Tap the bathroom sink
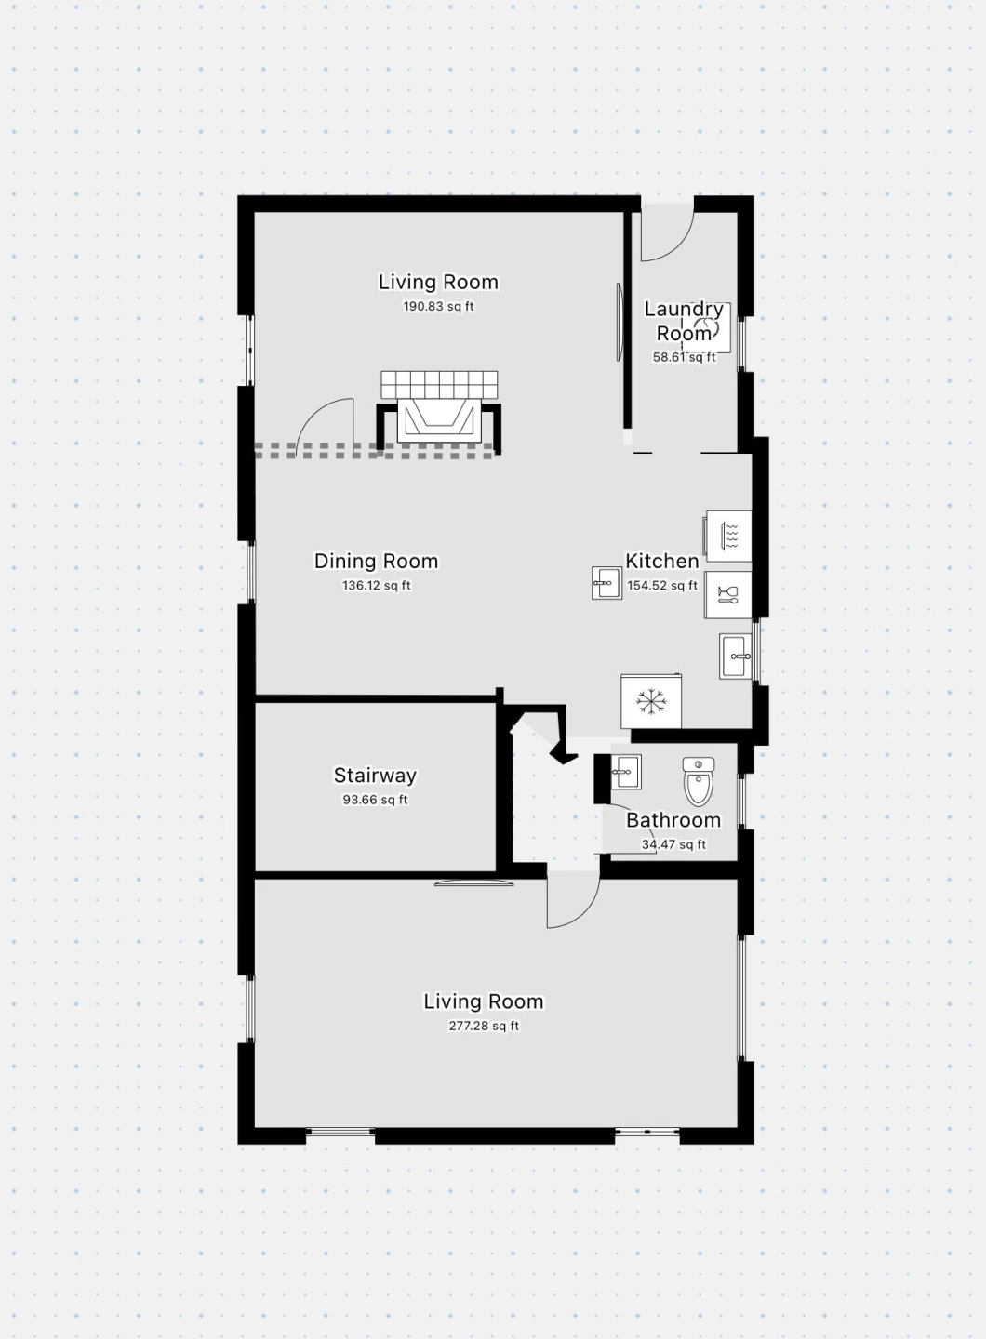[626, 772]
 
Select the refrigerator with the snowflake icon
[650, 701]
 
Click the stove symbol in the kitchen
[727, 536]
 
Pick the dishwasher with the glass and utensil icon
[727, 595]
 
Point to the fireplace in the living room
[438, 422]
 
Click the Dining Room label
[376, 562]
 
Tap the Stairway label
[375, 776]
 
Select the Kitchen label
[662, 561]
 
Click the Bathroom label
[673, 820]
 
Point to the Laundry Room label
[684, 321]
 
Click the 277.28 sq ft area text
[484, 1027]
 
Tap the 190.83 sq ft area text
[438, 307]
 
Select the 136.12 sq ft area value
[376, 586]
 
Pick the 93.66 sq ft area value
[375, 800]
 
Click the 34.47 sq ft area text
[673, 844]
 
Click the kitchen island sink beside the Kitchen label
[606, 583]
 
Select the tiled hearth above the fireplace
[439, 384]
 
